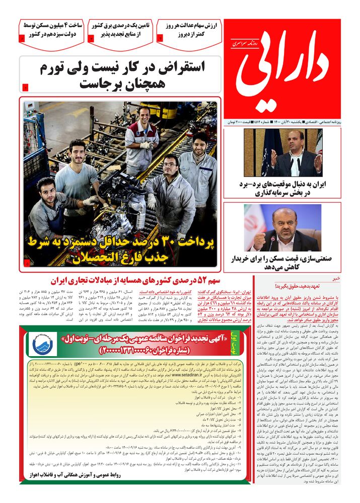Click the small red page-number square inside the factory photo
point(27,263)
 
